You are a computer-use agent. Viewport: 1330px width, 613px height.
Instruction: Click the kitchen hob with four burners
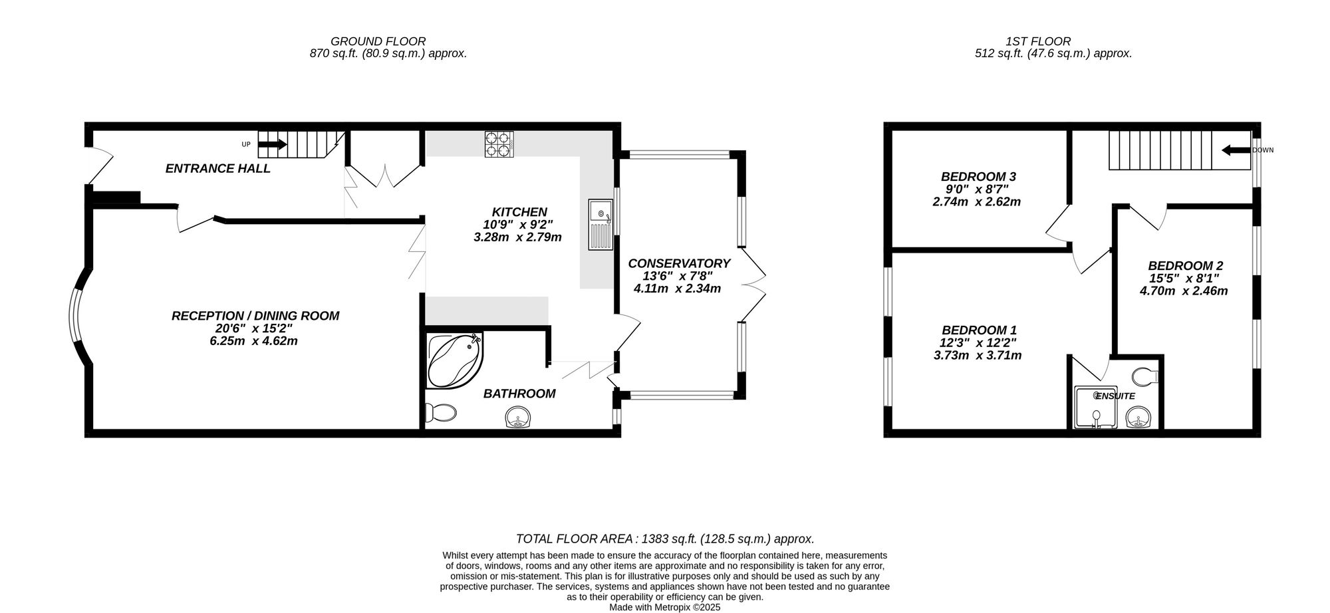pos(499,144)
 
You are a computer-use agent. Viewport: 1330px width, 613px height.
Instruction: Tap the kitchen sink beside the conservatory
pos(600,225)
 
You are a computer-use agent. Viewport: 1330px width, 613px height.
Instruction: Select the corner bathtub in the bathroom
pos(454,362)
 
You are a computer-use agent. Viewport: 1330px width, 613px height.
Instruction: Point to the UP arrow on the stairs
pos(272,144)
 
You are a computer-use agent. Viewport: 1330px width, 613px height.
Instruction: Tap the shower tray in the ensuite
pos(1097,408)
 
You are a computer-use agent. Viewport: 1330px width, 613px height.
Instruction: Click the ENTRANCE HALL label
pos(217,168)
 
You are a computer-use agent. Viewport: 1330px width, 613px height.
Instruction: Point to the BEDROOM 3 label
pos(978,177)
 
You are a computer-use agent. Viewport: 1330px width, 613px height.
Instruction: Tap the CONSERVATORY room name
pos(679,263)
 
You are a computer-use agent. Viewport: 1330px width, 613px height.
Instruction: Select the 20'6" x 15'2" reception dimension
pos(255,328)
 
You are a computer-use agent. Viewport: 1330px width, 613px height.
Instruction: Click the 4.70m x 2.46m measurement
pos(1184,291)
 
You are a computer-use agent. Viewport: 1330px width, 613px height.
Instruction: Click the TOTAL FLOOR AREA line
pos(665,539)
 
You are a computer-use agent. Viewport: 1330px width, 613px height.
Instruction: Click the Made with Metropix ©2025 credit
pos(665,607)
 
